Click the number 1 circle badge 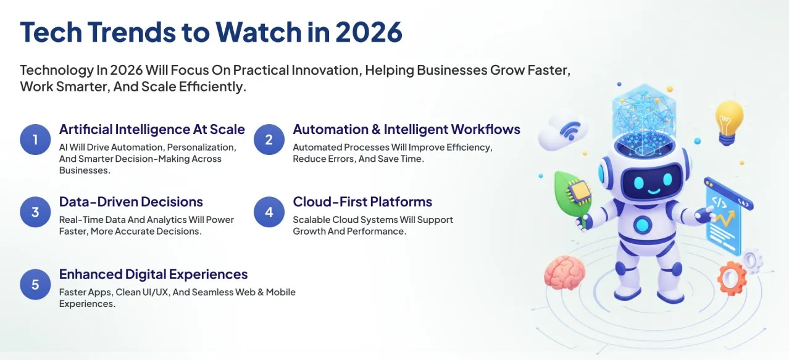[x=35, y=140]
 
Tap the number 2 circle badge [x=269, y=140]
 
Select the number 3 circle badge [x=35, y=212]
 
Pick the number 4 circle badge [x=269, y=212]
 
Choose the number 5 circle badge [x=35, y=285]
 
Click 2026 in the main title [x=369, y=32]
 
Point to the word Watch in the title [x=259, y=31]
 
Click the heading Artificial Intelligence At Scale [x=152, y=129]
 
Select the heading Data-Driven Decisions [x=131, y=202]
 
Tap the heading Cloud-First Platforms [x=362, y=202]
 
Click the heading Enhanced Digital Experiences [x=153, y=274]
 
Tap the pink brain [x=565, y=273]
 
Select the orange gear [x=732, y=278]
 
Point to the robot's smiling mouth [x=654, y=191]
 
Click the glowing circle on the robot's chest [x=643, y=224]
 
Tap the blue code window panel [x=724, y=218]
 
